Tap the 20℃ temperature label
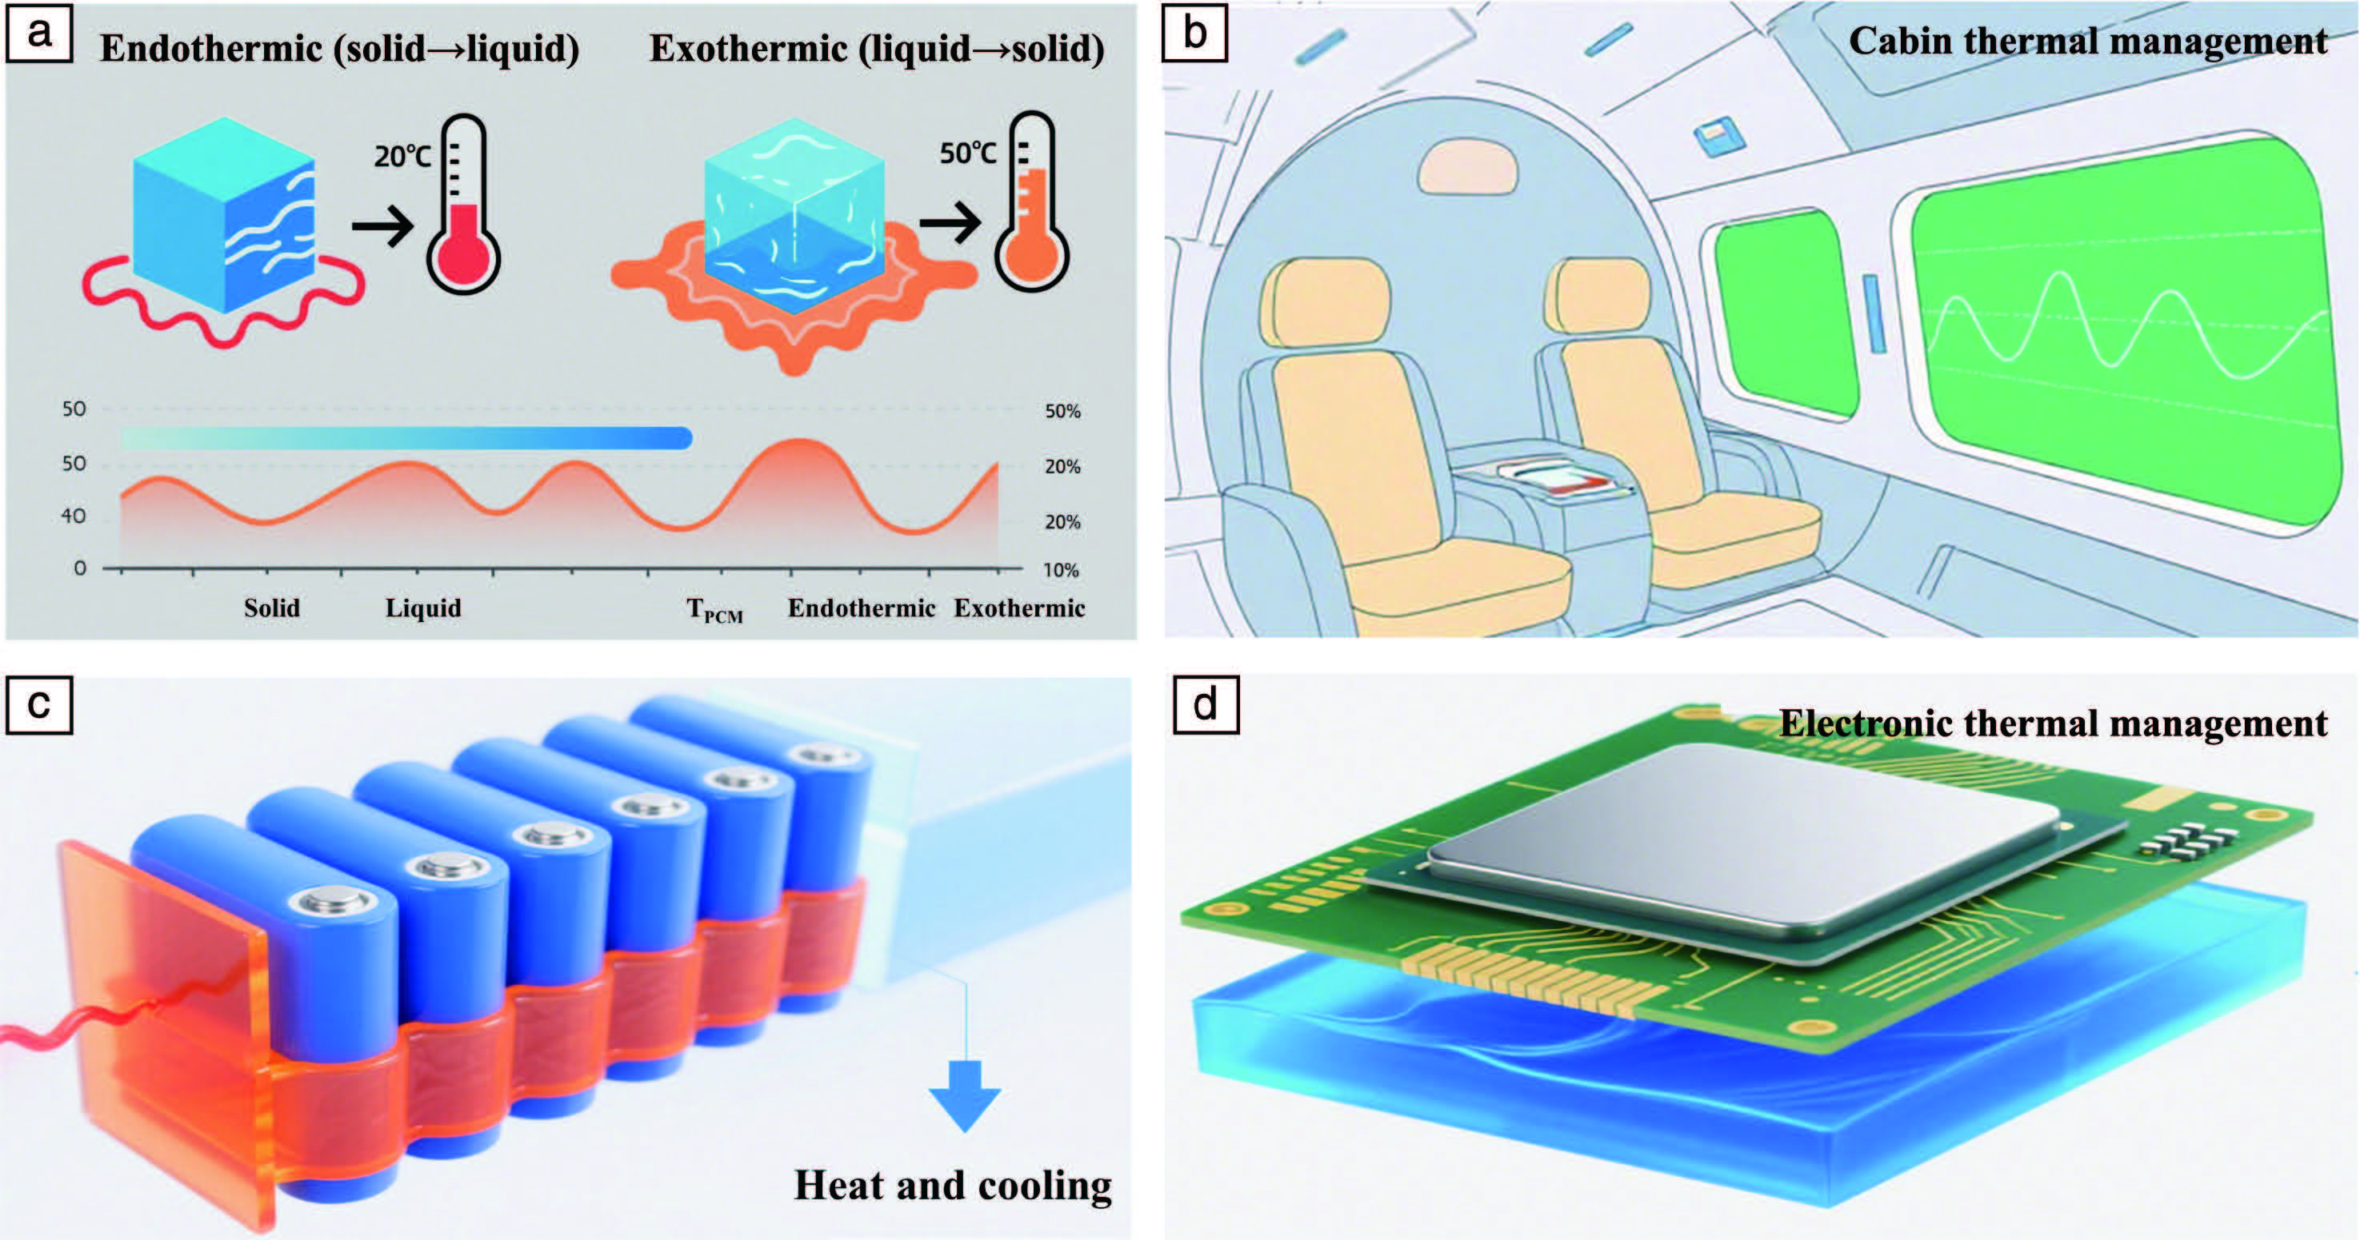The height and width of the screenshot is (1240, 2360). [x=402, y=156]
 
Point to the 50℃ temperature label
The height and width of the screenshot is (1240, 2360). [x=968, y=152]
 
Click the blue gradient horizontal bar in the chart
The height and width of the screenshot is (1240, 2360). [x=406, y=438]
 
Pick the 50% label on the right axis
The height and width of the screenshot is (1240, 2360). [x=1062, y=411]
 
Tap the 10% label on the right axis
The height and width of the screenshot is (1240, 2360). [x=1061, y=569]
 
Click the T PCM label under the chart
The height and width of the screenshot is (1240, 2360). [x=714, y=610]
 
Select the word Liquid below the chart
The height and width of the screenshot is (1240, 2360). [x=423, y=608]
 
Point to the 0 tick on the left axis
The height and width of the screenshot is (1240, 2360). [x=80, y=568]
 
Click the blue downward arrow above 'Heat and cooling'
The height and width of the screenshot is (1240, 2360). [x=964, y=1095]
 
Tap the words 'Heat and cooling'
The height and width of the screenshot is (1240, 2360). [x=953, y=1185]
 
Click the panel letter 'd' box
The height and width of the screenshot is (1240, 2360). [x=1206, y=705]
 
